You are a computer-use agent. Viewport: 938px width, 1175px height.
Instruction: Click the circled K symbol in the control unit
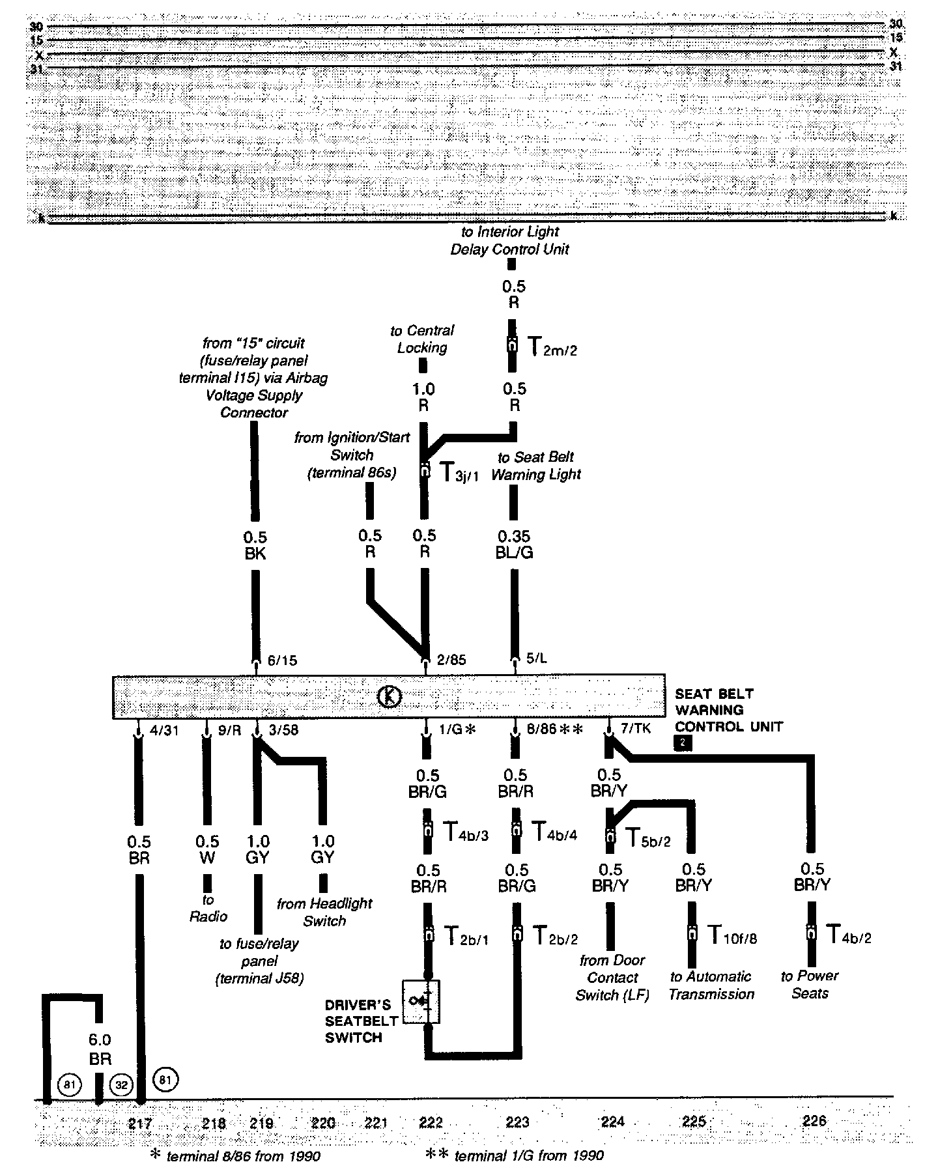click(389, 696)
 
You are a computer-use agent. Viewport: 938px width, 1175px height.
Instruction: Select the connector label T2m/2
click(551, 347)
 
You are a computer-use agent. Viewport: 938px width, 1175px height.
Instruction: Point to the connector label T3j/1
click(459, 472)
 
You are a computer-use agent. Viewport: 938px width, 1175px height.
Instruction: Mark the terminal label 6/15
click(282, 660)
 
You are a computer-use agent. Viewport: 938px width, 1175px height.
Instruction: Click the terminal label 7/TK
click(635, 729)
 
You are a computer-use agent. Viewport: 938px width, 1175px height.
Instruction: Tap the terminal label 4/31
click(163, 730)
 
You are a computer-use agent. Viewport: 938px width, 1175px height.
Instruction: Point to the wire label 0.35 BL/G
click(514, 545)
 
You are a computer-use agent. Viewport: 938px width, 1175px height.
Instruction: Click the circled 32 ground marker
click(122, 1085)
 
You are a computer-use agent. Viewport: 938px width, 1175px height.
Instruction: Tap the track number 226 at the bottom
click(814, 1120)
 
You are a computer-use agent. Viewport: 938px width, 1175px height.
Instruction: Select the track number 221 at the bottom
click(376, 1122)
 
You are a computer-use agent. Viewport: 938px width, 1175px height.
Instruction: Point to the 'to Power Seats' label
click(810, 984)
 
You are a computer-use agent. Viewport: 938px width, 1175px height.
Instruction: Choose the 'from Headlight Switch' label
click(324, 912)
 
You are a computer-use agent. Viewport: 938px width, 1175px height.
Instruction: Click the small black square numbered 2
click(683, 743)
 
